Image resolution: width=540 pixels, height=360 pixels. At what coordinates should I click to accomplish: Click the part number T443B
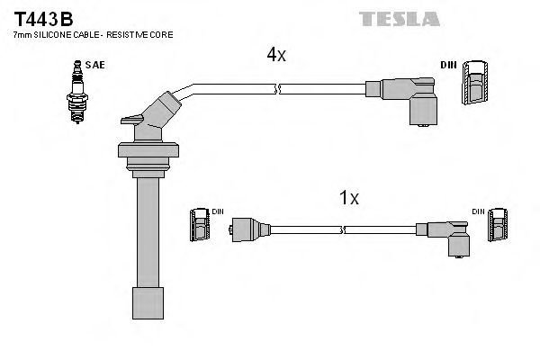[x=41, y=16]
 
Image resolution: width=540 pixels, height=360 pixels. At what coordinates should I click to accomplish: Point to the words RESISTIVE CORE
[x=143, y=34]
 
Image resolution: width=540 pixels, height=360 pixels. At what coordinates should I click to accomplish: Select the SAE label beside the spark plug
[x=93, y=66]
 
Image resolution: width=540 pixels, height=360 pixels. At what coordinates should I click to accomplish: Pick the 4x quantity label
[x=275, y=55]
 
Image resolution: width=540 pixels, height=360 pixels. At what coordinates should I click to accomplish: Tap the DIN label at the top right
[x=448, y=65]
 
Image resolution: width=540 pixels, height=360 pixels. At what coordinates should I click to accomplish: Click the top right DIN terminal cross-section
[x=474, y=87]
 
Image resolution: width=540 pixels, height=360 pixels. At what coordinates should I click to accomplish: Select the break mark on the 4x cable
[x=277, y=88]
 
